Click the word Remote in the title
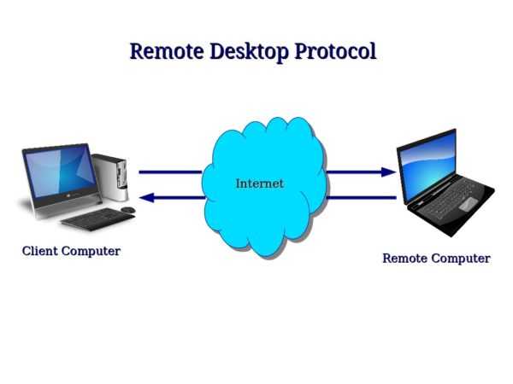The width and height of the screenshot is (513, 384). (x=167, y=51)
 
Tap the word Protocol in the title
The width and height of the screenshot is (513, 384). (x=335, y=52)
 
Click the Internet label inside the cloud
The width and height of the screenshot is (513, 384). (x=259, y=183)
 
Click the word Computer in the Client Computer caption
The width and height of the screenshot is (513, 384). (x=91, y=251)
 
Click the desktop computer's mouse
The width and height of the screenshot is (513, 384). (x=128, y=209)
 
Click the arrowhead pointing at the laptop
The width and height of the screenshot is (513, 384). (x=389, y=172)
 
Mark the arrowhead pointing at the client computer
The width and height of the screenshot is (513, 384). (x=146, y=198)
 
